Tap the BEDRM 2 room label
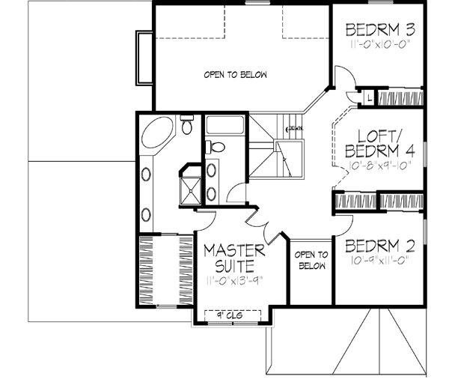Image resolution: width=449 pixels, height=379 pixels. (x=379, y=245)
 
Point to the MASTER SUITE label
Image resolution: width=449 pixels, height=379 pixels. (x=234, y=257)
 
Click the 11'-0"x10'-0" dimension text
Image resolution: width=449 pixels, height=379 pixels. (x=380, y=46)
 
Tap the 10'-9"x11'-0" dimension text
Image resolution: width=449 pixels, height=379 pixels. (x=379, y=262)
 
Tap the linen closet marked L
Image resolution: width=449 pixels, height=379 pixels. (x=368, y=97)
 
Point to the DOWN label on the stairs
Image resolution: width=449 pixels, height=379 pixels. (x=296, y=128)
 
